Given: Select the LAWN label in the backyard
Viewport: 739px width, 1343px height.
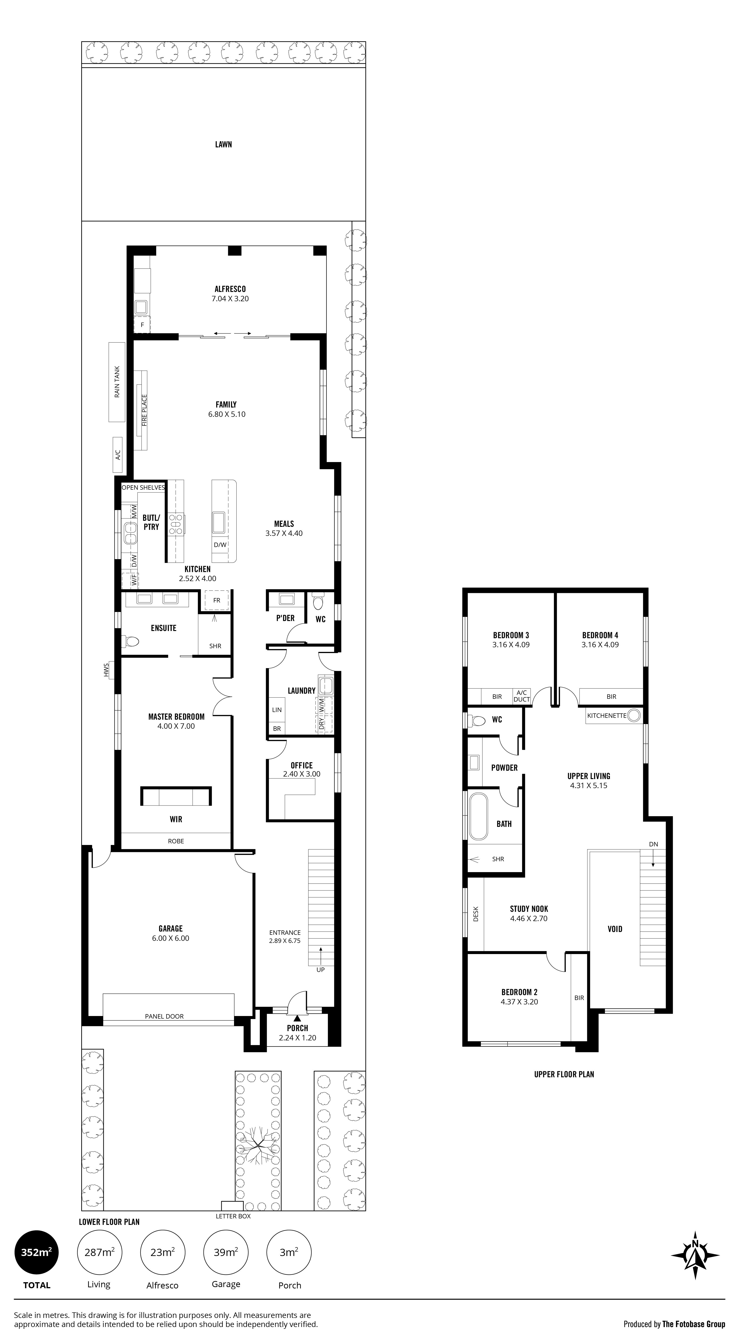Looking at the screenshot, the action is pos(223,144).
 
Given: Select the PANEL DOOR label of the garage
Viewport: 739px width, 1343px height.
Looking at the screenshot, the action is pos(164,1016).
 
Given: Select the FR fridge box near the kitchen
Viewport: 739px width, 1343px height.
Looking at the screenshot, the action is pos(216,600).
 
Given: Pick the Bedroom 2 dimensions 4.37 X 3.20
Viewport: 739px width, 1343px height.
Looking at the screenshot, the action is pos(519,1002).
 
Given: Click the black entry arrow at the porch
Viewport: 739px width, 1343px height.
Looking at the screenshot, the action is pos(297,1017).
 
